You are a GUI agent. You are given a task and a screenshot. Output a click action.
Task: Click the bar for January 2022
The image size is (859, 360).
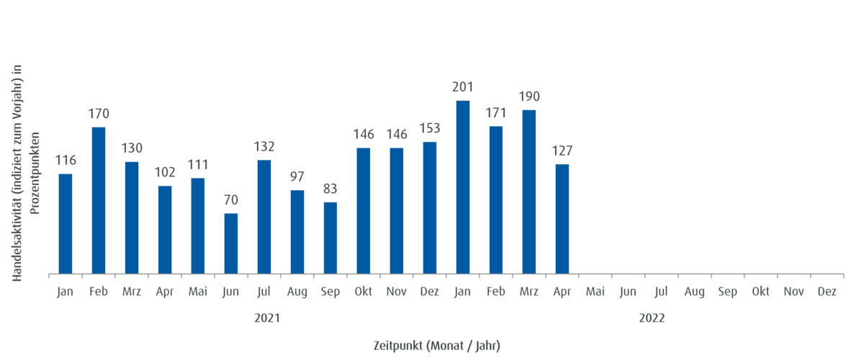pyautogui.click(x=463, y=186)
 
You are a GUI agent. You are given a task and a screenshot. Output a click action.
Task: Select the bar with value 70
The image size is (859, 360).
pyautogui.click(x=231, y=243)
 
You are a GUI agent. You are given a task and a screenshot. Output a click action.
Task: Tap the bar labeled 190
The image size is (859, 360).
pyautogui.click(x=529, y=191)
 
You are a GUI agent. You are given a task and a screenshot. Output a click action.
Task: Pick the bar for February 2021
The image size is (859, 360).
pyautogui.click(x=99, y=199)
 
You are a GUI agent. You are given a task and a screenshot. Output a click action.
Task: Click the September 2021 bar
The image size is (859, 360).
pyautogui.click(x=330, y=237)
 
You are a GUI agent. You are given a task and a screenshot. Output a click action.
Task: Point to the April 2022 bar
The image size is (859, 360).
pyautogui.click(x=562, y=217)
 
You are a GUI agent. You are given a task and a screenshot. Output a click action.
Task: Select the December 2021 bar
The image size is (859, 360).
pyautogui.click(x=430, y=207)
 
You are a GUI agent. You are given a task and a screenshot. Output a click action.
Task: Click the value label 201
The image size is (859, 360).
pyautogui.click(x=462, y=87)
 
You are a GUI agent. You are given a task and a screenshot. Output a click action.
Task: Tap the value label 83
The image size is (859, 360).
pyautogui.click(x=330, y=189)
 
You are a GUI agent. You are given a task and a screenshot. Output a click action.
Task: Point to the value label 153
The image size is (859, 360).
pyautogui.click(x=430, y=128)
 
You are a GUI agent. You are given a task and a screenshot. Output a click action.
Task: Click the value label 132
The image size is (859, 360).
pyautogui.click(x=264, y=147)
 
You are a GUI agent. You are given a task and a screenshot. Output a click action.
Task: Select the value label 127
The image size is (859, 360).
pyautogui.click(x=562, y=150)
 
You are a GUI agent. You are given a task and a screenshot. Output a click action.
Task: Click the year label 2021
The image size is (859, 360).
pyautogui.click(x=267, y=318)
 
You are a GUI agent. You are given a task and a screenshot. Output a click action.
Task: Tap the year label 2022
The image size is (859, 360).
pyautogui.click(x=652, y=318)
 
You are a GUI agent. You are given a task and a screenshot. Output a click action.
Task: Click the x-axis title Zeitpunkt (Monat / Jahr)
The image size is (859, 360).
pyautogui.click(x=436, y=346)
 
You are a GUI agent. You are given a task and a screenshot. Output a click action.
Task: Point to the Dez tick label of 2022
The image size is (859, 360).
pyautogui.click(x=827, y=292)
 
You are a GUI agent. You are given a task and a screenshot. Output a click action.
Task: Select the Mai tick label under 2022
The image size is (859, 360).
pyautogui.click(x=595, y=292)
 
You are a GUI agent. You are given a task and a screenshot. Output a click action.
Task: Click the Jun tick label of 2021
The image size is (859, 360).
pyautogui.click(x=231, y=292)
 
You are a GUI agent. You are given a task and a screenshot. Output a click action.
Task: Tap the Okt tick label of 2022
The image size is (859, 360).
pyautogui.click(x=761, y=292)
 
